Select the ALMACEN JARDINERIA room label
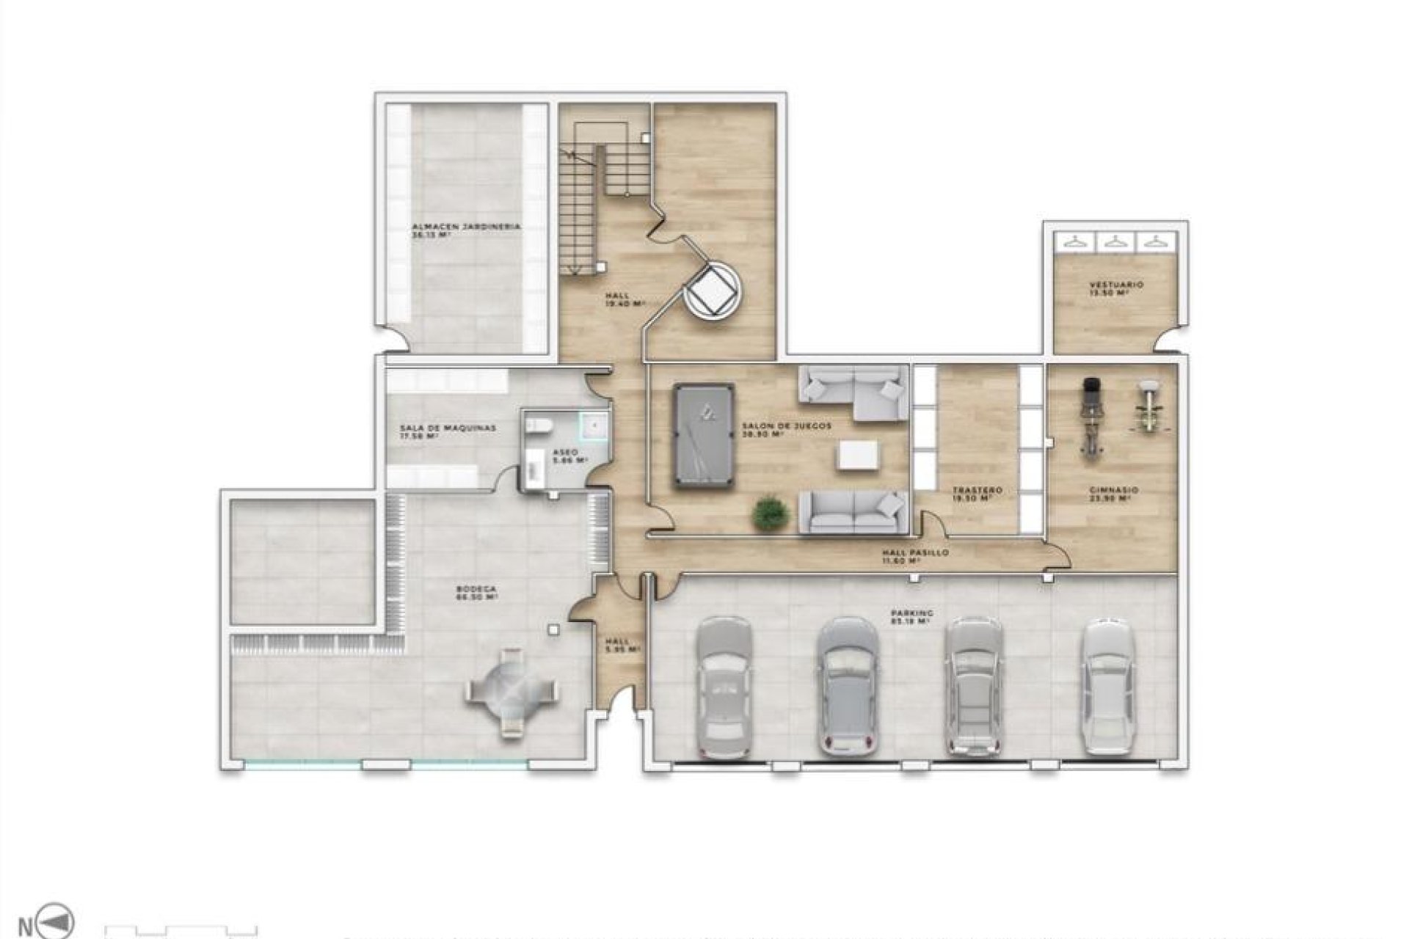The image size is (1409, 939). pos(466,227)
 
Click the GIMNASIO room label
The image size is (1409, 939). pos(1115,490)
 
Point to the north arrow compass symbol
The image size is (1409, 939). pos(62,921)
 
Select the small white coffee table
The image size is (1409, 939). pos(859,454)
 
